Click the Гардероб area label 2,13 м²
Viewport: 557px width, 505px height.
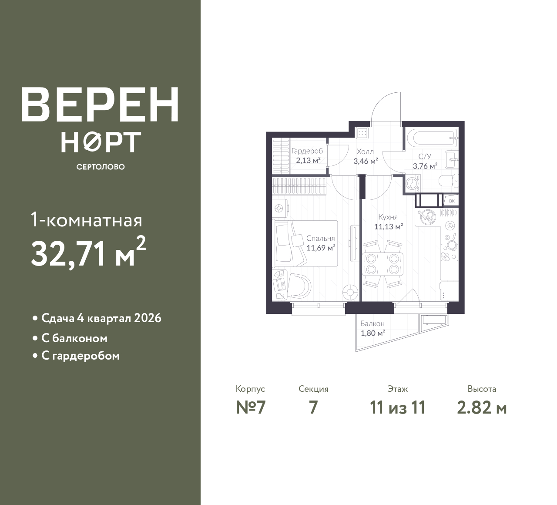(x=308, y=161)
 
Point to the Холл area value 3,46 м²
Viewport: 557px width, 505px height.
(x=366, y=161)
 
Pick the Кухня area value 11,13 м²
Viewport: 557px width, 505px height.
(x=389, y=227)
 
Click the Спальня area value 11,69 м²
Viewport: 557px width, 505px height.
(x=321, y=248)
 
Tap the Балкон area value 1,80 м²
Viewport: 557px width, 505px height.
(x=372, y=333)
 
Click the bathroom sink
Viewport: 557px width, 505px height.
(x=452, y=159)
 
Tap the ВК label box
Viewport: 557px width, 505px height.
(x=452, y=201)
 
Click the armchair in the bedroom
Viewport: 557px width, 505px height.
(x=299, y=286)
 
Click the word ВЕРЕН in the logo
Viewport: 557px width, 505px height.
(x=100, y=104)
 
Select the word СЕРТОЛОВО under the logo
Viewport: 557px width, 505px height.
(x=101, y=167)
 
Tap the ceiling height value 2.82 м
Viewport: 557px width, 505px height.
(x=482, y=408)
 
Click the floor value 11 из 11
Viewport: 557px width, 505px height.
(x=397, y=408)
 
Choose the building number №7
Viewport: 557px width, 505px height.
(x=251, y=408)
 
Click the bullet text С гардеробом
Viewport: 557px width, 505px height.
(x=81, y=356)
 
